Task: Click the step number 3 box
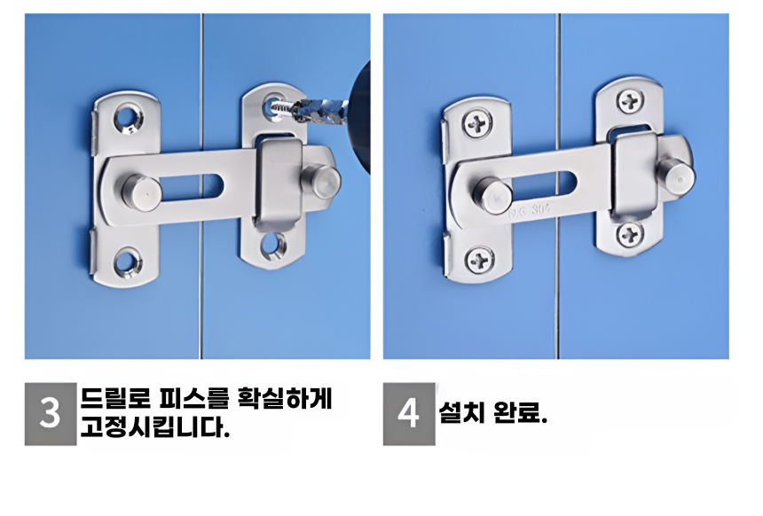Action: tap(51, 414)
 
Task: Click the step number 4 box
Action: tap(409, 414)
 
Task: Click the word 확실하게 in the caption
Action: tap(285, 398)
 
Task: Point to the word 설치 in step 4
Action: tap(461, 413)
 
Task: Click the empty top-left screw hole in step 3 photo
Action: tap(128, 118)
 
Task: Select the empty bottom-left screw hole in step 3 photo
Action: tap(128, 262)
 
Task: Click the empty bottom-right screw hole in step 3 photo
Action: tap(273, 246)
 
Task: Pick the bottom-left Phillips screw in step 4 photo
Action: tap(481, 259)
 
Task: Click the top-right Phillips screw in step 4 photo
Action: tap(631, 101)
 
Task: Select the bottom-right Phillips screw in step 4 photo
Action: tap(631, 234)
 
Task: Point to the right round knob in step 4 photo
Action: tap(674, 174)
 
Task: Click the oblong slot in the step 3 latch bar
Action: tap(193, 186)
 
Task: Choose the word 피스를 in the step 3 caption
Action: tap(193, 398)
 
